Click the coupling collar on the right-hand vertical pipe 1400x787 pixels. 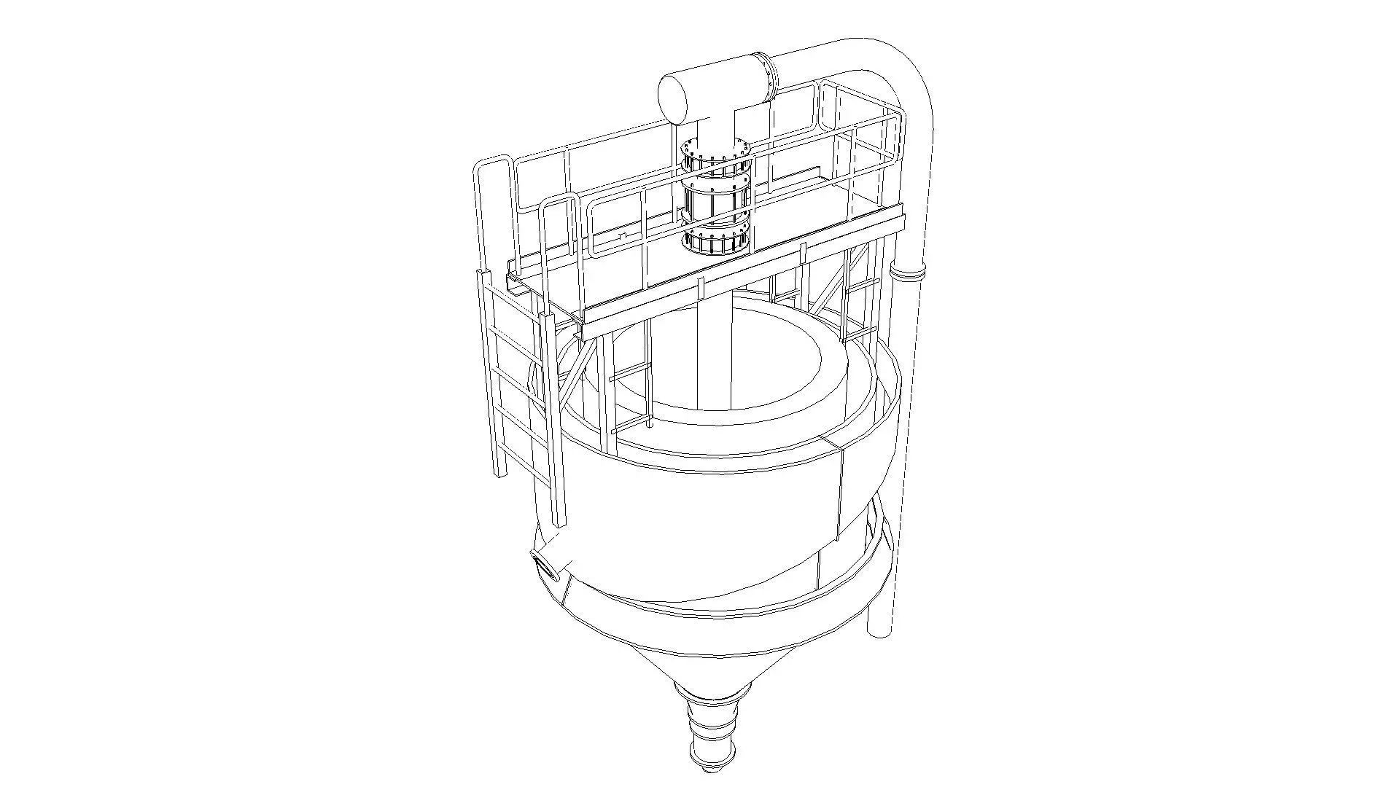(x=907, y=273)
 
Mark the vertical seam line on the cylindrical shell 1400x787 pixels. (x=841, y=496)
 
